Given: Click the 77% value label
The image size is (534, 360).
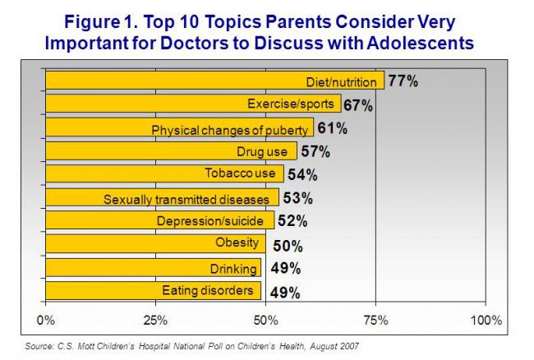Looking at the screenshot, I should tap(403, 81).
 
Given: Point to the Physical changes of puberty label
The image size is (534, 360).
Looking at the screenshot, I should tap(231, 129).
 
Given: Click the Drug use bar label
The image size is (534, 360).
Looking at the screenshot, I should tap(262, 152).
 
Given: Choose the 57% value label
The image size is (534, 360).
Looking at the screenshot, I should tap(315, 152).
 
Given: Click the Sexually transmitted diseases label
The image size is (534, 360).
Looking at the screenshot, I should tap(186, 198).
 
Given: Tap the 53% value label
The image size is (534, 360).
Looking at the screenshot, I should tap(297, 198).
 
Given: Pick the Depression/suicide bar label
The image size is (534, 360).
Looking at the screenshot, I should tap(209, 221).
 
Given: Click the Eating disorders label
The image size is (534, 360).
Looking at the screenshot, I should tap(209, 290).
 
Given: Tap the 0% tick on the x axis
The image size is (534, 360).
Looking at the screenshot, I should tap(46, 319).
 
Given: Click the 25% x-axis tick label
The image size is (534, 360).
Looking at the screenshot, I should tap(155, 319).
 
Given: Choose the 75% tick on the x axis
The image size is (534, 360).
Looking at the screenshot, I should tap(375, 319).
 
